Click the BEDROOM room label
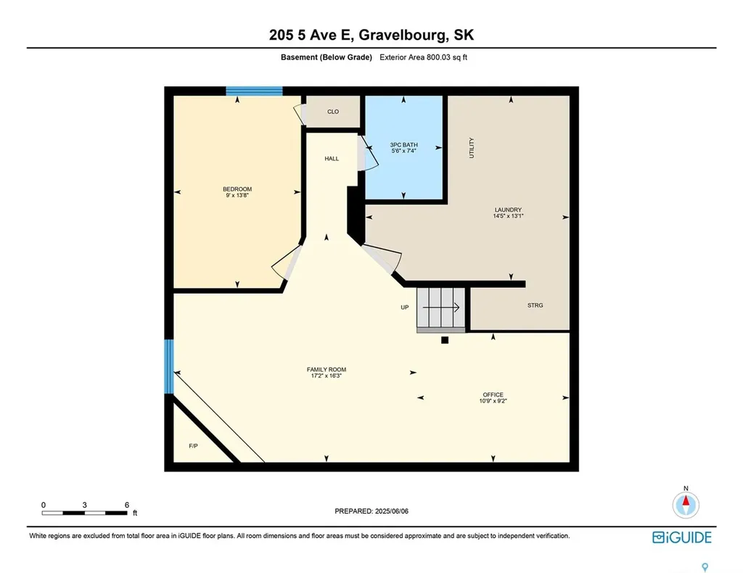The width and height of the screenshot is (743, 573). coord(237,189)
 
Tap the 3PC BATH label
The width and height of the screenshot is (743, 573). coord(405,145)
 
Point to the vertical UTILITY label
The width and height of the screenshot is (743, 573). coord(472,148)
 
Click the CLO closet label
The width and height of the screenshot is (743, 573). coord(333,112)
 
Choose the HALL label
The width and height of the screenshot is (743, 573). coord(332,159)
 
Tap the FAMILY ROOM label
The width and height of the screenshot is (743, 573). coord(321,370)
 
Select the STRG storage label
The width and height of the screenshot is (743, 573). coord(535,305)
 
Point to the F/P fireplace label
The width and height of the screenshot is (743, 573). coord(194,445)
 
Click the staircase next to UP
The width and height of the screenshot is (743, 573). coord(440,308)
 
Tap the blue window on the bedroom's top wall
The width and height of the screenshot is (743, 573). coord(254,91)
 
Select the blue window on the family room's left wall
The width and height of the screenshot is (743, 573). coord(169,366)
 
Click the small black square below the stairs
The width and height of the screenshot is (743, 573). coord(446,339)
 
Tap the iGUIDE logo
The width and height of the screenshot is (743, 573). coord(681,537)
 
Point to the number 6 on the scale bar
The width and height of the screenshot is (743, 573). coord(126,504)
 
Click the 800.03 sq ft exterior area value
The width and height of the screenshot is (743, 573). coord(444,57)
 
